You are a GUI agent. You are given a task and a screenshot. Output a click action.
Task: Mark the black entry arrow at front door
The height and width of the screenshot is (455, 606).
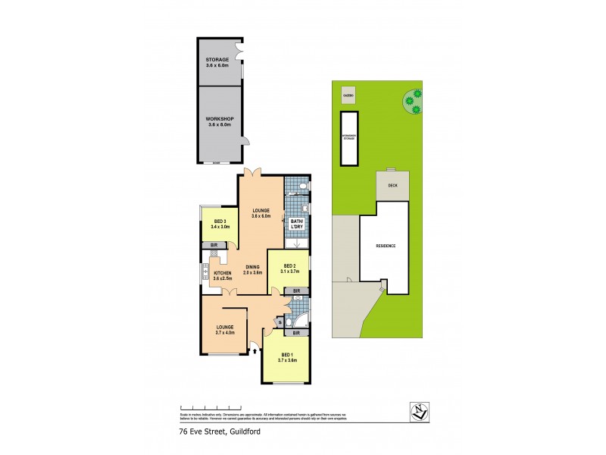click(x=254, y=350)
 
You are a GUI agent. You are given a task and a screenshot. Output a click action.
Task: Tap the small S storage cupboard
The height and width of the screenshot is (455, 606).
click(x=281, y=323)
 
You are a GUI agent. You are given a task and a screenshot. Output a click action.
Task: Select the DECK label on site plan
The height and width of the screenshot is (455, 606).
click(x=392, y=185)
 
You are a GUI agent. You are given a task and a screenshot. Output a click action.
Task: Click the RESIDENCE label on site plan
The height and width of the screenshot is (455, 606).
click(x=386, y=246)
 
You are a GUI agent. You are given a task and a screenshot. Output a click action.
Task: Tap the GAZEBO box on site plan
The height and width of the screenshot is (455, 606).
click(x=348, y=96)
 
